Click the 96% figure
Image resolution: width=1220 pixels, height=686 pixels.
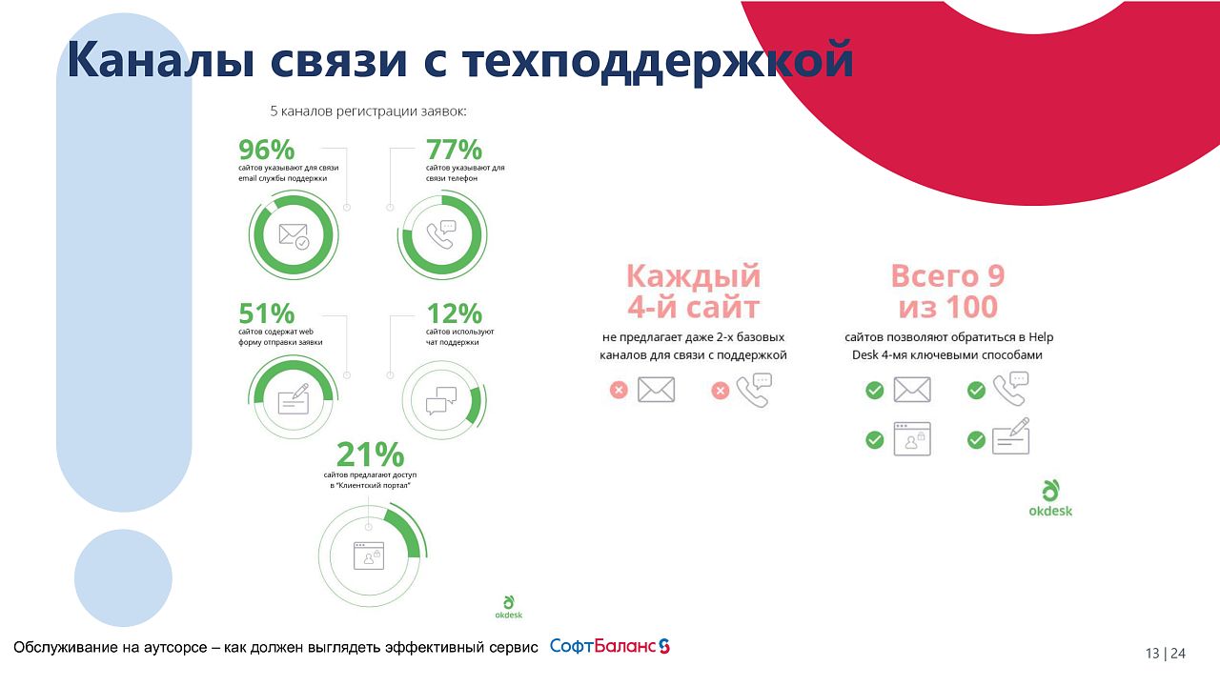coord(266,151)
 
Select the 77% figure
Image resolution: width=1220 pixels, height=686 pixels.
coord(454,151)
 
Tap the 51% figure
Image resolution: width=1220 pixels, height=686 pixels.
coord(266,313)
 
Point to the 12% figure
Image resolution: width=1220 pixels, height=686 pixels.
coord(454,313)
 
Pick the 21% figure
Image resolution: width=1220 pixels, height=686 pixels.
coord(371,454)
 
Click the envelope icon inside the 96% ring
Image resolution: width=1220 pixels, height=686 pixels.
coord(294,235)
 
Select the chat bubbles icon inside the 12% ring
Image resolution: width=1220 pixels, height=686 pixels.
coord(440,399)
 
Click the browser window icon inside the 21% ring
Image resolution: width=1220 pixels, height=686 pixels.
coord(368,555)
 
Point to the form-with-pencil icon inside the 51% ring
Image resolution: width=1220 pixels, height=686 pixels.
coord(294,398)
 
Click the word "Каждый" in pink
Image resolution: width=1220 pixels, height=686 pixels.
coord(693,276)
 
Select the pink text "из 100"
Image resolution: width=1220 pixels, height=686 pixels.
coord(947,307)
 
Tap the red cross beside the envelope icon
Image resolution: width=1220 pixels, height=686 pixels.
coord(619,390)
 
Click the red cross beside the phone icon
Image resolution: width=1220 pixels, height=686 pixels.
coord(721,390)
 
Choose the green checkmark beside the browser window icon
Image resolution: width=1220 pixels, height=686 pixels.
coord(874,439)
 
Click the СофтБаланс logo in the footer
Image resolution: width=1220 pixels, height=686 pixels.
coord(610,646)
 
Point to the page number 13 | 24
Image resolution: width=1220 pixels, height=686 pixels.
coord(1166,654)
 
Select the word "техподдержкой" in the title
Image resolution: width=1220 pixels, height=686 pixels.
coord(657,60)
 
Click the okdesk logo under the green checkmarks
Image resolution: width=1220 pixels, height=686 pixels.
coord(1049,498)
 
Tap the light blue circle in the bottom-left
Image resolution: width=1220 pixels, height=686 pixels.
coord(123,577)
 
